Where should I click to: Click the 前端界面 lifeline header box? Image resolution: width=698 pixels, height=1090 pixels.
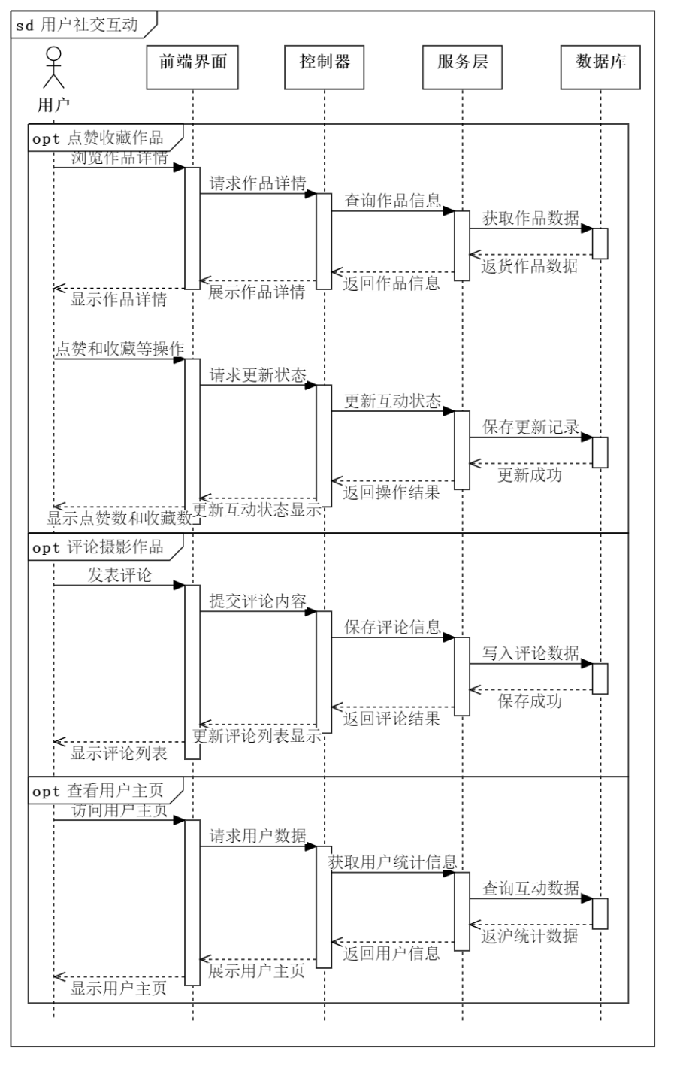click(x=192, y=67)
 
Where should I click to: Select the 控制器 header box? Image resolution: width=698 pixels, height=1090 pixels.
click(x=325, y=67)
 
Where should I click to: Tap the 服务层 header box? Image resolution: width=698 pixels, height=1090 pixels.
click(x=462, y=67)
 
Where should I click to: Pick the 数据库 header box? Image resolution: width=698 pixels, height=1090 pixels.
click(x=600, y=67)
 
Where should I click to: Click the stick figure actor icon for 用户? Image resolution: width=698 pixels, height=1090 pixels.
click(x=53, y=68)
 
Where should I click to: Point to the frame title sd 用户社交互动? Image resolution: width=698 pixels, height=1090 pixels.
click(x=78, y=25)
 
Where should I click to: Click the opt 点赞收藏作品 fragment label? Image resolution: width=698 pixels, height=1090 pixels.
click(x=98, y=138)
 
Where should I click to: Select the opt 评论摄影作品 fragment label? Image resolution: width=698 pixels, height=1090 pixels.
click(x=98, y=547)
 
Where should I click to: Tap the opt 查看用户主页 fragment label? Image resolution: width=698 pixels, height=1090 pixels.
click(x=98, y=792)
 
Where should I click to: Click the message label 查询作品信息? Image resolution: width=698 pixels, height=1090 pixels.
click(x=392, y=201)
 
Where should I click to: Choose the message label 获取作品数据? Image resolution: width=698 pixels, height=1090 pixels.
click(x=530, y=218)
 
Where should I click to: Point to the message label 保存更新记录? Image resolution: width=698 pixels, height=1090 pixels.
click(x=530, y=427)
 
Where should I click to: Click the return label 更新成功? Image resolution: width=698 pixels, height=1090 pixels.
click(x=530, y=475)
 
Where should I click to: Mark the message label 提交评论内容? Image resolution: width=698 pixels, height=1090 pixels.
click(x=258, y=601)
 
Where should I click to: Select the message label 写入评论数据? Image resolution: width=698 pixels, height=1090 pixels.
click(x=530, y=653)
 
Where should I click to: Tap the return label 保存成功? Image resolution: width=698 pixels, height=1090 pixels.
click(x=530, y=701)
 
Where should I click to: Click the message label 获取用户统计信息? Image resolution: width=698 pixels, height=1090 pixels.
click(x=393, y=862)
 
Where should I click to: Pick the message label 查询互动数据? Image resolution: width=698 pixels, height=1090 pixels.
click(x=530, y=888)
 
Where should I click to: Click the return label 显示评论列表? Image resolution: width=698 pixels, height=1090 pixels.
click(x=119, y=753)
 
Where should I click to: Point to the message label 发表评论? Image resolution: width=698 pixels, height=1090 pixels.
click(x=119, y=575)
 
